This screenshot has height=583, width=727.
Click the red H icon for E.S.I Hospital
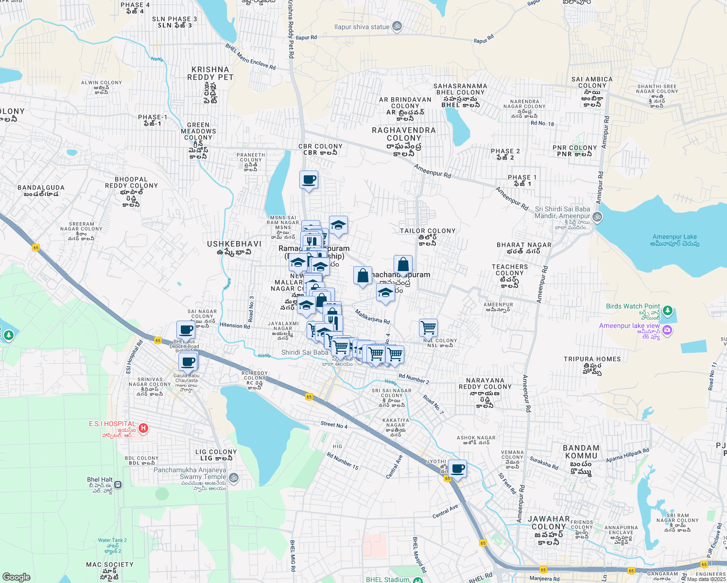(x=143, y=428)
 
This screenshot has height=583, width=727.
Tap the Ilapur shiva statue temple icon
(x=397, y=26)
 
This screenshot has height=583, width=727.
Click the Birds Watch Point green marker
(x=667, y=310)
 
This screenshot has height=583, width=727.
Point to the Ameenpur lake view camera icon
(x=667, y=330)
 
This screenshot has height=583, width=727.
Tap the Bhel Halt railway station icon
(x=118, y=484)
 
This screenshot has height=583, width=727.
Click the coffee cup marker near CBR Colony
(x=309, y=180)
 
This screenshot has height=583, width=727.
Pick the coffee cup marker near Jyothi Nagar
(x=457, y=469)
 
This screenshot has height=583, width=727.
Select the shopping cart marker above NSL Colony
(x=428, y=328)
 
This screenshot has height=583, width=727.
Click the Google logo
(x=16, y=577)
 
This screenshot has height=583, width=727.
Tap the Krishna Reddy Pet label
(x=210, y=73)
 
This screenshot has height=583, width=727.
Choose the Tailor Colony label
(x=428, y=231)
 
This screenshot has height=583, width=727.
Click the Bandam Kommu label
(x=581, y=452)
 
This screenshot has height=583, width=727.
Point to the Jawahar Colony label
(x=549, y=523)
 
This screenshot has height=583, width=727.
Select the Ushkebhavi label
(x=234, y=244)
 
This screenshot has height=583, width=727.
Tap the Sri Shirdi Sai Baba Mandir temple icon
(x=598, y=217)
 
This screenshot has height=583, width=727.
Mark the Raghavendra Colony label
(x=404, y=134)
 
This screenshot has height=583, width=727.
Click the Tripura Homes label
(x=592, y=359)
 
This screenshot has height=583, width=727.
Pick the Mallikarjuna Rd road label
(x=372, y=317)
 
